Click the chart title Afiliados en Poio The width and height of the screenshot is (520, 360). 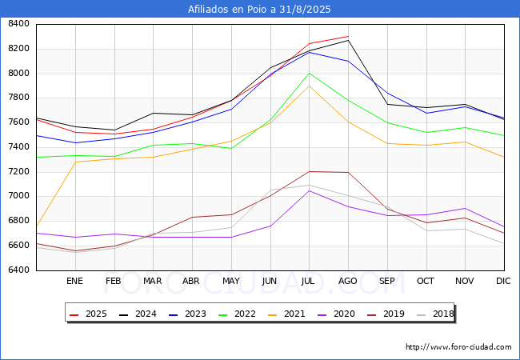click(x=259, y=10)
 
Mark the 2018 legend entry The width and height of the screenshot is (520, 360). click(x=436, y=314)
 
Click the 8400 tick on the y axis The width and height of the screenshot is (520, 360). click(x=18, y=24)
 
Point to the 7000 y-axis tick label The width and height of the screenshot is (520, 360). click(x=18, y=196)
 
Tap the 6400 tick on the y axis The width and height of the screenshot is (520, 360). click(x=18, y=270)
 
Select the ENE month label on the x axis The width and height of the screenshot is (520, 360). click(x=74, y=281)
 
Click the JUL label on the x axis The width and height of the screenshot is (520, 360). click(x=309, y=281)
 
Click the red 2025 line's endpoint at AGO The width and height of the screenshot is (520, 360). click(x=348, y=36)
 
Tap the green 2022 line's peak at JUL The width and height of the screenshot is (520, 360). click(x=309, y=74)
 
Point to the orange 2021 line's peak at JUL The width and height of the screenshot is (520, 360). click(x=309, y=86)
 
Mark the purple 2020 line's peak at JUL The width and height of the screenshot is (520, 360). click(x=309, y=190)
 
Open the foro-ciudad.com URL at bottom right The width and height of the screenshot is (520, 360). click(x=458, y=347)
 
